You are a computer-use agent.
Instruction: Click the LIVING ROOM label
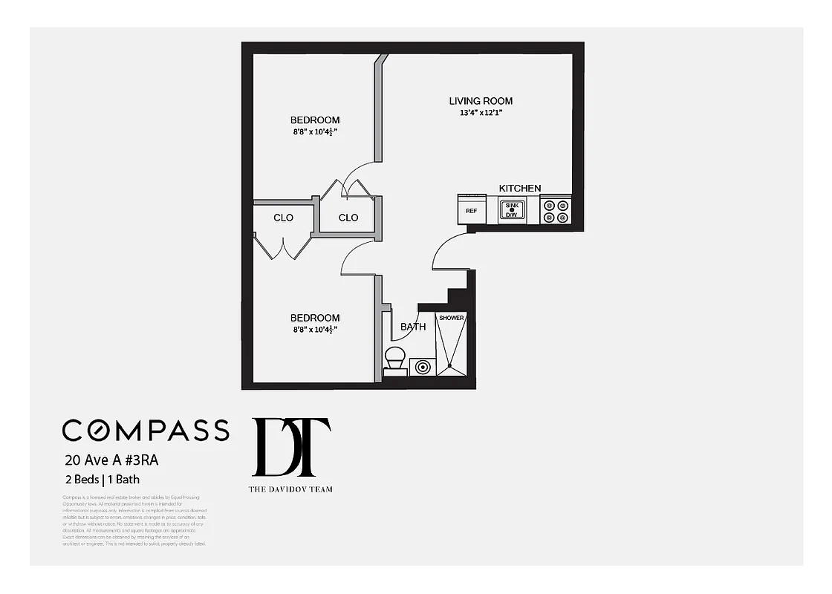click(481, 101)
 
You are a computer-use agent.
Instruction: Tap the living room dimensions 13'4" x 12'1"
click(481, 114)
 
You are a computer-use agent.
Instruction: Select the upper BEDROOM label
click(315, 120)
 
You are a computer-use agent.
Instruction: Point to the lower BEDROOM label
click(315, 318)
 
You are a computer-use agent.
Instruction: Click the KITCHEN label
click(519, 189)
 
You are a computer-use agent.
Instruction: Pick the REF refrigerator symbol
click(471, 209)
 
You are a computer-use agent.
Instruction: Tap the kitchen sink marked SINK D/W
click(512, 210)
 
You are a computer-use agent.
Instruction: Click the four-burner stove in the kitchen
click(556, 211)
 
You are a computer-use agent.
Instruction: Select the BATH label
click(413, 327)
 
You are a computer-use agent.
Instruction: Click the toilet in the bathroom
click(394, 362)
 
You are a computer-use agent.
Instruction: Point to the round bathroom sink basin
click(423, 367)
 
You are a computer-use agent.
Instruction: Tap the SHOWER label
click(451, 318)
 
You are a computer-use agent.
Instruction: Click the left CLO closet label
click(283, 218)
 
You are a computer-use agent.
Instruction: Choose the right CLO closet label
click(348, 218)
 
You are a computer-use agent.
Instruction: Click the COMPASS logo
click(146, 430)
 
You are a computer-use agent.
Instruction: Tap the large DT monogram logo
click(291, 447)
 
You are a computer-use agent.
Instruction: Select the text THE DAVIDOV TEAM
click(290, 489)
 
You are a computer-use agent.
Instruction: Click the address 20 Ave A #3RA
click(111, 460)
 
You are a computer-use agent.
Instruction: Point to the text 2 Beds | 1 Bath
click(102, 479)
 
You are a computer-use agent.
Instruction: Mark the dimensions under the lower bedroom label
click(315, 330)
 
